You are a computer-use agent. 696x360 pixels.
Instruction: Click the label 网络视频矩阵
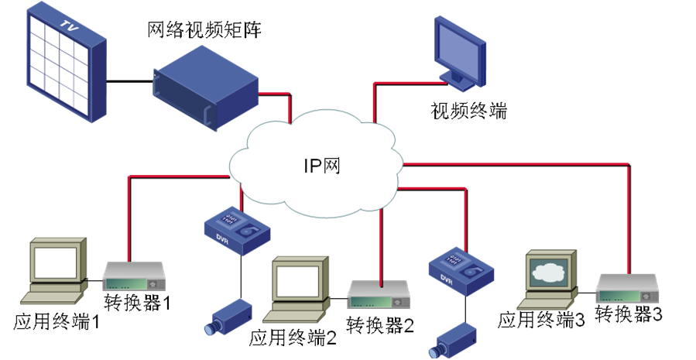click(204, 31)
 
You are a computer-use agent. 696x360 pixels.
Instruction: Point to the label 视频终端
click(468, 110)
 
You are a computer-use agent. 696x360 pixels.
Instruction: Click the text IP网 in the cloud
click(321, 166)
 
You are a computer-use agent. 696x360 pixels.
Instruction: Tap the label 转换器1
click(136, 303)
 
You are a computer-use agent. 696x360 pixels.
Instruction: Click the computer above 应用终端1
click(55, 272)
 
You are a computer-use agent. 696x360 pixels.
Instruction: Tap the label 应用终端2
click(293, 339)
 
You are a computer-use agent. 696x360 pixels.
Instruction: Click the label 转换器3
click(629, 314)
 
